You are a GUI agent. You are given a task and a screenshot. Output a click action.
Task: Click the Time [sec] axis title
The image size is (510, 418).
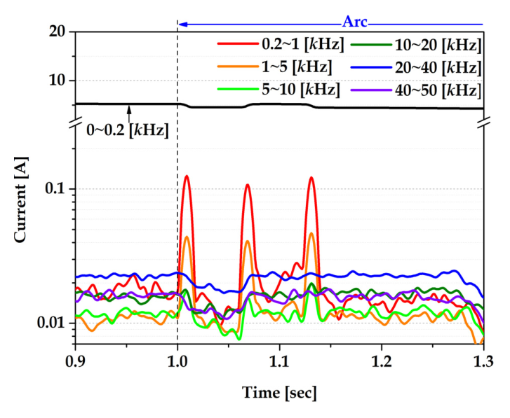[x=279, y=391]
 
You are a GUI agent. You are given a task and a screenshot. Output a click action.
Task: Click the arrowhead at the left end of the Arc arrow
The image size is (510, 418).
[x=181, y=24]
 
